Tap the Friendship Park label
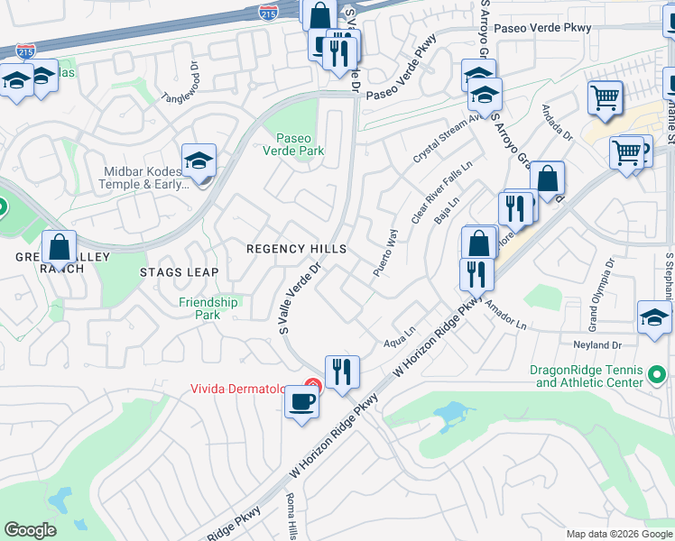point(208,308)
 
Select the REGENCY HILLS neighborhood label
point(297,249)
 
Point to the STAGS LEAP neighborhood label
point(180,271)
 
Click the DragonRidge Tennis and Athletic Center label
point(589,376)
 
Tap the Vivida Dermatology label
point(239,390)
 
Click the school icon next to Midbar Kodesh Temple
point(199,162)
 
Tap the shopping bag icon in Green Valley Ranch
point(59,247)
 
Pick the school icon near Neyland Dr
point(654,318)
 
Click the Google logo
point(31,530)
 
